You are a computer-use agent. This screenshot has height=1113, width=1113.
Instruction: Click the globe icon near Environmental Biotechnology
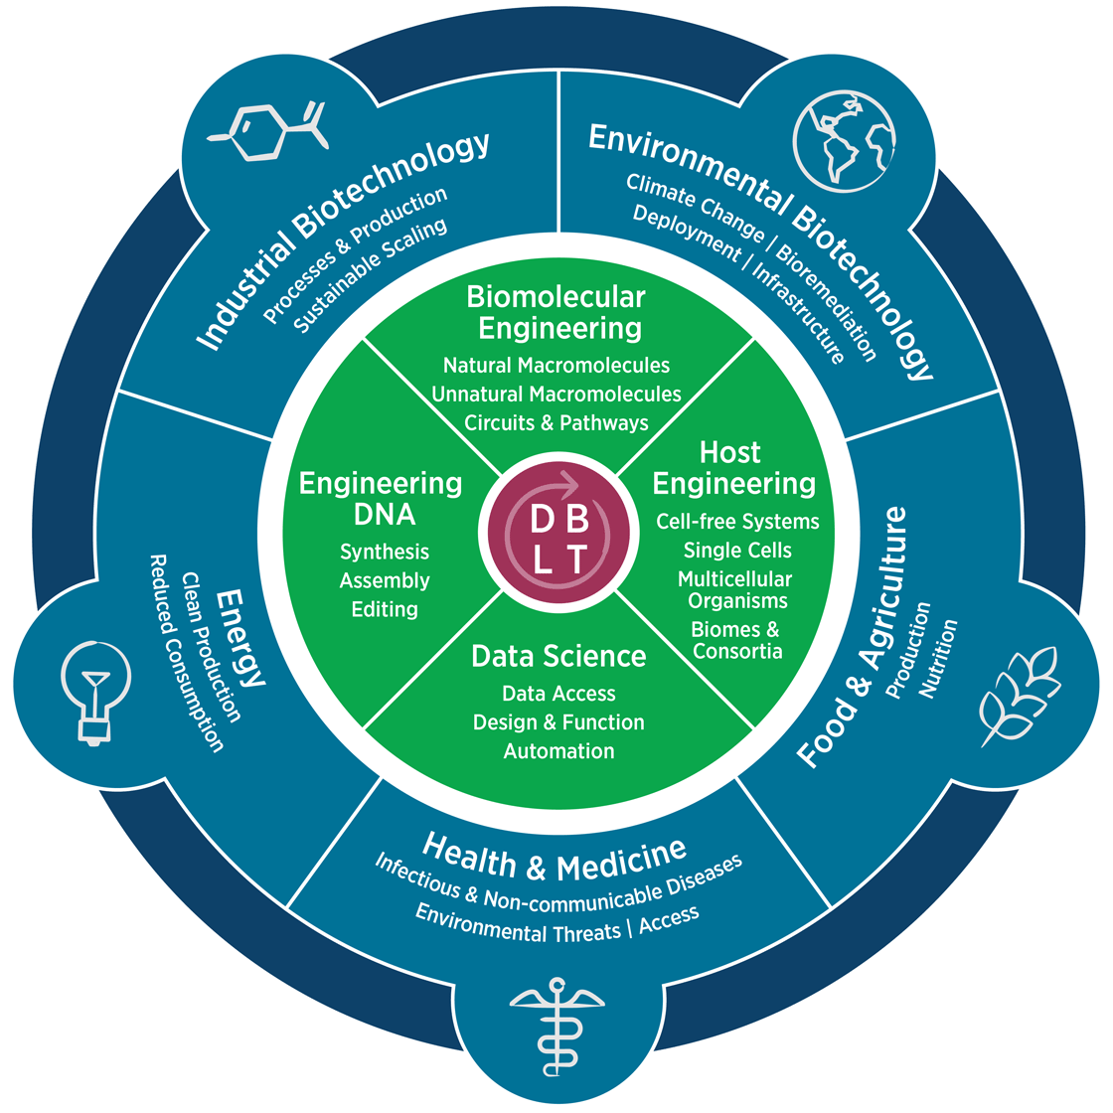click(845, 139)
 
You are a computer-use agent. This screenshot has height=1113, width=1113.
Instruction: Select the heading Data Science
click(558, 656)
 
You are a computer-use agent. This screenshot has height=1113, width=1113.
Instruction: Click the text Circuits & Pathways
click(556, 422)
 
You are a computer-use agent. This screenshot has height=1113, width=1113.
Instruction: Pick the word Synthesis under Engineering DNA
click(385, 552)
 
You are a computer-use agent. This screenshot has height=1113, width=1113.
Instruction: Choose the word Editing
click(385, 609)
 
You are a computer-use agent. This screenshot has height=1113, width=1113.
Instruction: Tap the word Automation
click(558, 751)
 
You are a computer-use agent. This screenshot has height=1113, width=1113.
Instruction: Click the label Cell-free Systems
click(737, 522)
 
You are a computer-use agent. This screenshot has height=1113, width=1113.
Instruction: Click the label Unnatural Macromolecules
click(556, 395)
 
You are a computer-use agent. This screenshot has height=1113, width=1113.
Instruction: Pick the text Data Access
click(558, 694)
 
